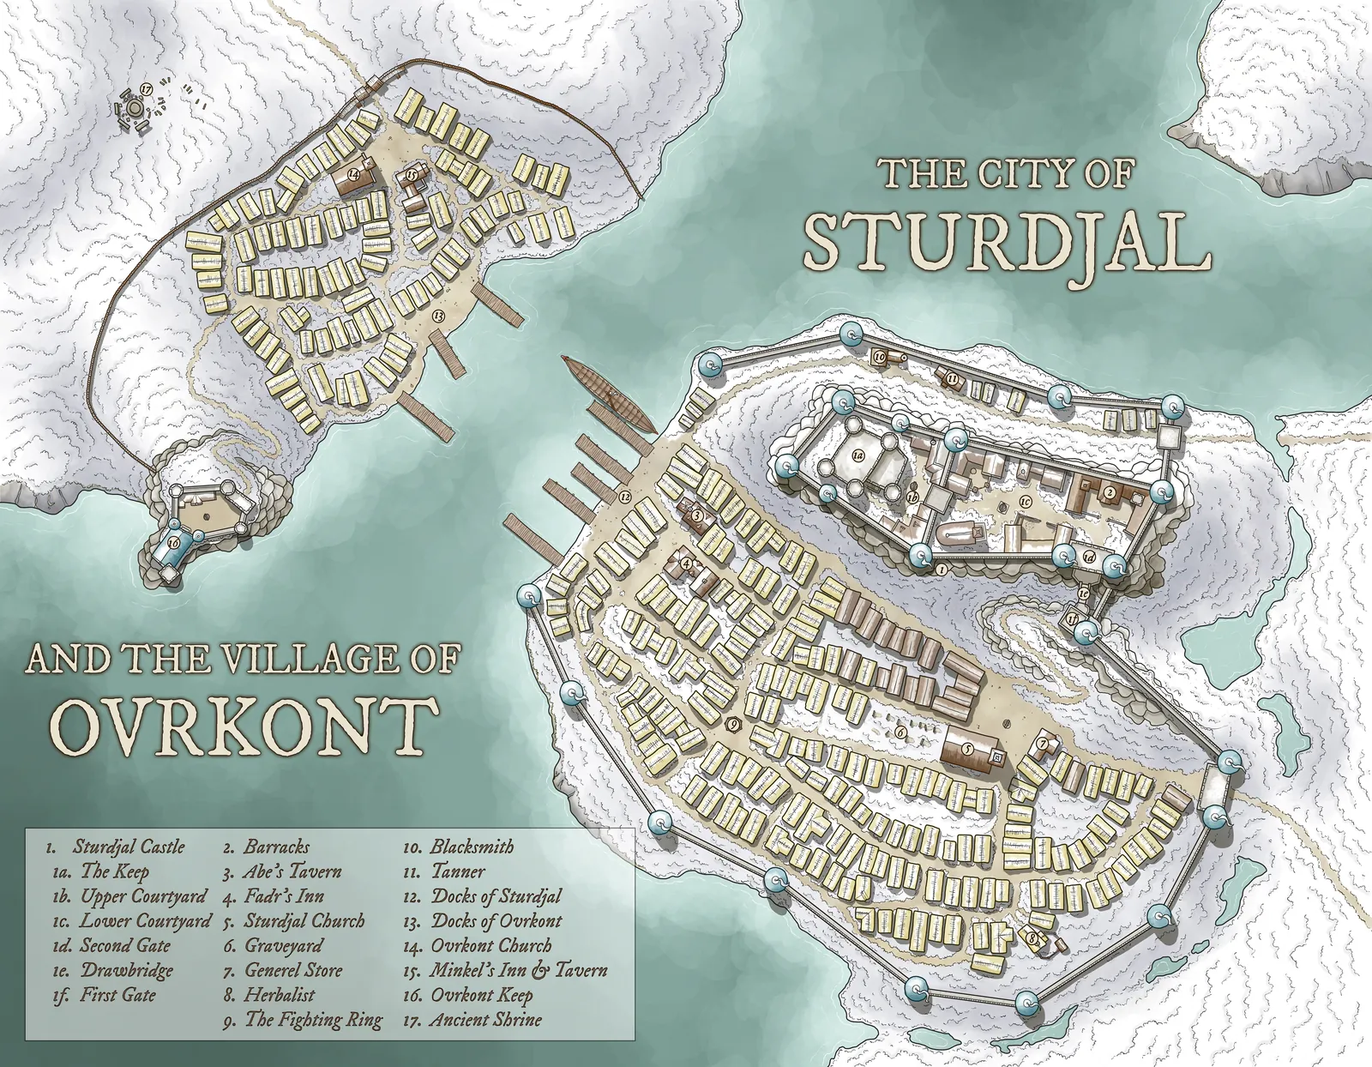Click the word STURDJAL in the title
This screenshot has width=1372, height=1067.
pos(1007,244)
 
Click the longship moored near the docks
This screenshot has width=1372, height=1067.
pos(607,395)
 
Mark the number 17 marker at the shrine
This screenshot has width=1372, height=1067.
pos(147,88)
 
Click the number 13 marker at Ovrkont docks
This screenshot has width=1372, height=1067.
pos(438,316)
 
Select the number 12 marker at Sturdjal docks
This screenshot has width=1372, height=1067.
pos(624,497)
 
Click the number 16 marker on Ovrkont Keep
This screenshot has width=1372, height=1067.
pos(173,542)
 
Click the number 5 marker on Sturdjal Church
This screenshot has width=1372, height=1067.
pos(966,748)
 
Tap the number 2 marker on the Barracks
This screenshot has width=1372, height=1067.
pos(1109,492)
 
